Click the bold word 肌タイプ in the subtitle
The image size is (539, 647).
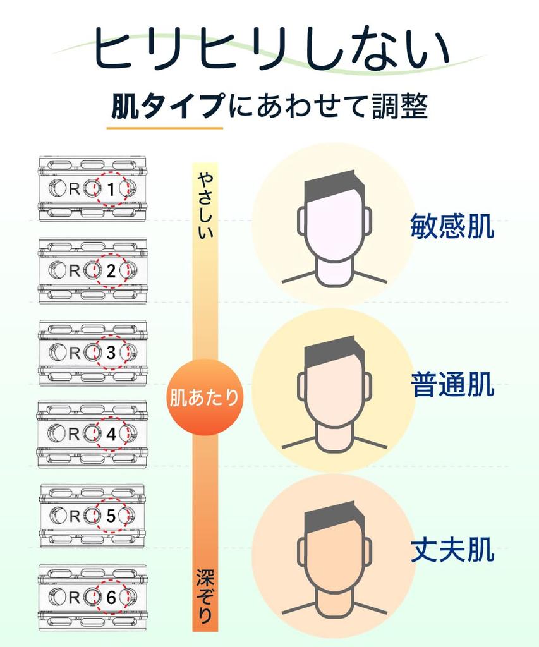(x=167, y=107)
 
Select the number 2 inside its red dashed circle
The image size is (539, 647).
(x=111, y=271)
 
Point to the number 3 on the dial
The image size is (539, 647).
(x=111, y=353)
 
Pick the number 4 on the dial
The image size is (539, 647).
(x=111, y=434)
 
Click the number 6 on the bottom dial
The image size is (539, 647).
(x=111, y=597)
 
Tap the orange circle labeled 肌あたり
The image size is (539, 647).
(x=204, y=397)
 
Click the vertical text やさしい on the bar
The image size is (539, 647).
(x=205, y=205)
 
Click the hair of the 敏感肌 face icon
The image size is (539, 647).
(x=333, y=184)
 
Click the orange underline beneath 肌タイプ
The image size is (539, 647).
(x=164, y=128)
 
